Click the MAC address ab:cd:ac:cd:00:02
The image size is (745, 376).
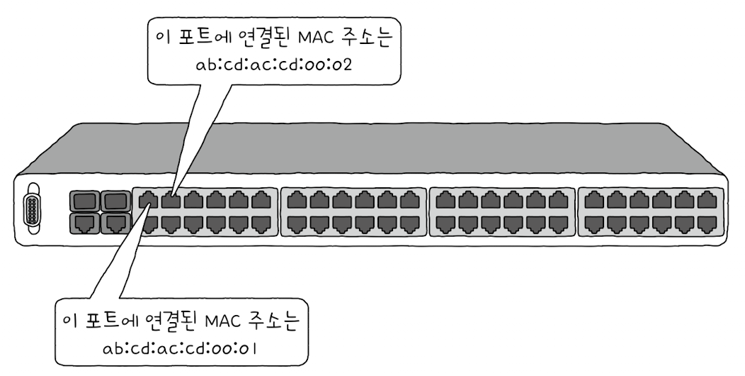coord(274,65)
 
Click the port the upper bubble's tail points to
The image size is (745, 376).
coord(170,201)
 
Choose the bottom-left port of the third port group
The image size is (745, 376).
coord(443,224)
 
